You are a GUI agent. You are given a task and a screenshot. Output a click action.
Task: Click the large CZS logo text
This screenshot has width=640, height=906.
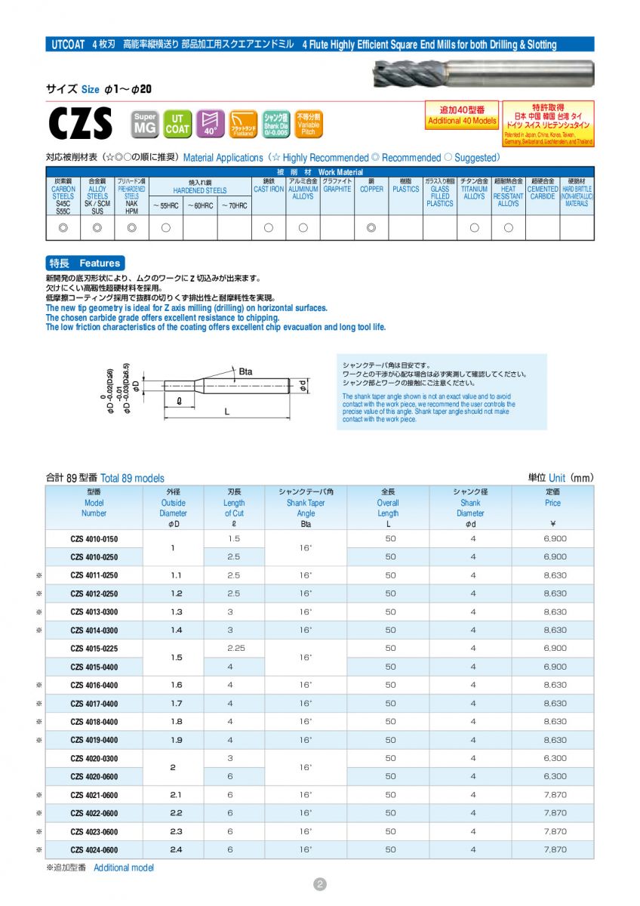click(x=80, y=124)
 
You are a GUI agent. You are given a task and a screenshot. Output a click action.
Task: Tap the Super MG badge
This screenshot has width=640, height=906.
click(x=145, y=123)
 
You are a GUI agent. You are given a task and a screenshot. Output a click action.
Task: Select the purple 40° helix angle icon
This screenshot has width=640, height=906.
click(x=210, y=123)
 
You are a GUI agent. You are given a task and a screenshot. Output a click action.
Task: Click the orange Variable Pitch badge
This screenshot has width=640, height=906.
click(x=308, y=124)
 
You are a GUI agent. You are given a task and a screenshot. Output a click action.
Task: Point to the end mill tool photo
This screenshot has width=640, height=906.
click(x=483, y=74)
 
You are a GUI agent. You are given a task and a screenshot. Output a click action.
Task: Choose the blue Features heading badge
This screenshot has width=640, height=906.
click(x=85, y=263)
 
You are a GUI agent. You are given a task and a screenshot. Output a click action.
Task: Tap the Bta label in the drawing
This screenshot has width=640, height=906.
click(x=245, y=372)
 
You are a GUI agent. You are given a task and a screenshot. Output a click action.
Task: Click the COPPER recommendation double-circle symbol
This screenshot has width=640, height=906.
click(x=371, y=227)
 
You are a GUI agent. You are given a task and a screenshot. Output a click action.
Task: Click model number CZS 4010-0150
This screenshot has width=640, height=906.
click(x=94, y=538)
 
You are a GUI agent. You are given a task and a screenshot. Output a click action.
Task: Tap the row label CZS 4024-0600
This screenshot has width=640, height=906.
click(x=94, y=850)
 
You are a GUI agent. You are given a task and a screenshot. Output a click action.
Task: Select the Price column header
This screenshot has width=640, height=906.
click(x=552, y=502)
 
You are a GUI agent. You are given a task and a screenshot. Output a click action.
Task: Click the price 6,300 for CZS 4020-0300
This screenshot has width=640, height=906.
click(x=555, y=758)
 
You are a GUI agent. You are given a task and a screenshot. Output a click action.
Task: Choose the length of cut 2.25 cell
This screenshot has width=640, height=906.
click(x=234, y=649)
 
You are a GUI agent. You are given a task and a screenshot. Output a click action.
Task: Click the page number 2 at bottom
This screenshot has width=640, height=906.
click(x=320, y=884)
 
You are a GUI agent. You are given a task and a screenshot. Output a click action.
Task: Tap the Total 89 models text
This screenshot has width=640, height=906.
click(x=132, y=478)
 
